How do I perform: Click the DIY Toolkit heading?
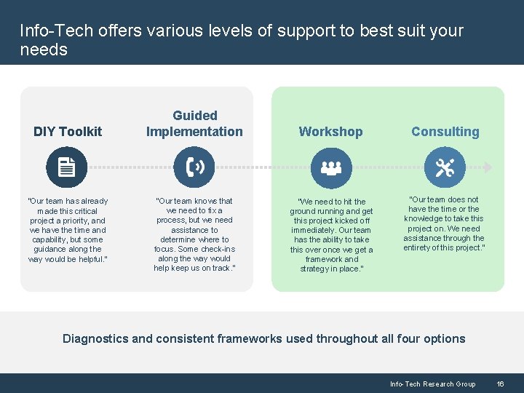tap(68, 132)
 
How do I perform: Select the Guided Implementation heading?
tap(194, 124)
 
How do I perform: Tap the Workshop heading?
tap(330, 132)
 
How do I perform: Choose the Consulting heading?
tap(445, 132)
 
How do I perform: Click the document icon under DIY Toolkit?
tap(66, 167)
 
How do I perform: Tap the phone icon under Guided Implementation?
tap(194, 167)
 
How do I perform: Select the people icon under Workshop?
tap(331, 167)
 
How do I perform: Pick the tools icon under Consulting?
tap(444, 167)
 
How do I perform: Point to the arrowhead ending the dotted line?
tap(488, 167)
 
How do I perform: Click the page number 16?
tap(500, 384)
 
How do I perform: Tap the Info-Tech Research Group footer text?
tap(432, 384)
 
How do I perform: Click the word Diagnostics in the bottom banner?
tap(95, 338)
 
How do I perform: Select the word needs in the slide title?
tap(44, 50)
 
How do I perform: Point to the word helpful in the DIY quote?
tap(90, 259)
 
